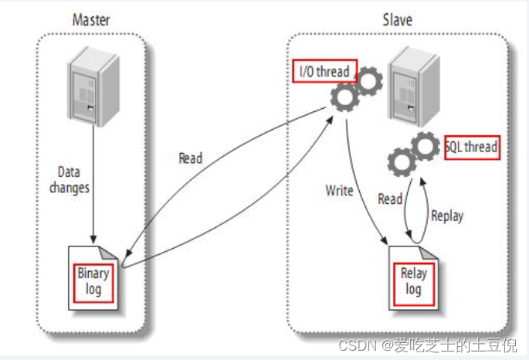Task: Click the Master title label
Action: (91, 19)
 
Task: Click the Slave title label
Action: (398, 19)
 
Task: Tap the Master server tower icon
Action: (93, 87)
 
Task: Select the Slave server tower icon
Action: (414, 87)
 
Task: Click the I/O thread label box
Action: (324, 71)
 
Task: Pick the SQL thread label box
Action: (472, 148)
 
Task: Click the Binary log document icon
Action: (93, 278)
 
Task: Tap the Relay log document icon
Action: (414, 278)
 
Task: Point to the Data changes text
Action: (70, 180)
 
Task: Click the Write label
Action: (339, 191)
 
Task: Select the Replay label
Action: (447, 216)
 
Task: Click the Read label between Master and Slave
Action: (191, 158)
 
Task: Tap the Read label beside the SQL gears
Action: (390, 199)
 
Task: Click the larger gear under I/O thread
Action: (344, 97)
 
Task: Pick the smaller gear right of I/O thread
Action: (368, 81)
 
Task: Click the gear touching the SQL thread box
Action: (425, 147)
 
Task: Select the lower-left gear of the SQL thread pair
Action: (402, 162)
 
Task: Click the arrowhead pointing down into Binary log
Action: (93, 239)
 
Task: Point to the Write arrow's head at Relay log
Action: (385, 240)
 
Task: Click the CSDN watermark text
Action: (428, 345)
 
